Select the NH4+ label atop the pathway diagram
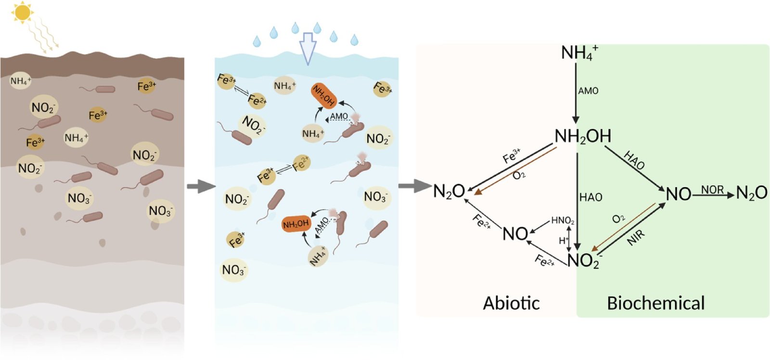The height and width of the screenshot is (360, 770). pos(579,52)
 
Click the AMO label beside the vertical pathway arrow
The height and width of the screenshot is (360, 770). pos(588,91)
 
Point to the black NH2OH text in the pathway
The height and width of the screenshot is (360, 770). pos(583,137)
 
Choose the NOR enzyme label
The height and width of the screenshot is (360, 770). pos(712,190)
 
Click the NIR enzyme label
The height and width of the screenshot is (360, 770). pos(636,237)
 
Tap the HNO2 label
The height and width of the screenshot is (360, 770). pos(563,220)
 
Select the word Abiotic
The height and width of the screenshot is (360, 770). pos(511,303)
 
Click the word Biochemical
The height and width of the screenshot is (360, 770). pos(655,303)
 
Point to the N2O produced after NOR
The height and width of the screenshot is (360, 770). pos(751,193)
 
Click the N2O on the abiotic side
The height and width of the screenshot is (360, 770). pos(449,192)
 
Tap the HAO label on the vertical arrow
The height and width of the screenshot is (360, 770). pos(590,197)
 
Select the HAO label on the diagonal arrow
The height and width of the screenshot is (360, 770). pos(634,160)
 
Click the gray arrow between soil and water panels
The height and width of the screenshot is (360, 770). pos(200,186)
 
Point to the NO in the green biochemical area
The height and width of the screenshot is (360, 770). pos(679,194)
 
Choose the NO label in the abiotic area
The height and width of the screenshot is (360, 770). pos(515,234)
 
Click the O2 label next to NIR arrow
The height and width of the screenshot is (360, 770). pos(618,219)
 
